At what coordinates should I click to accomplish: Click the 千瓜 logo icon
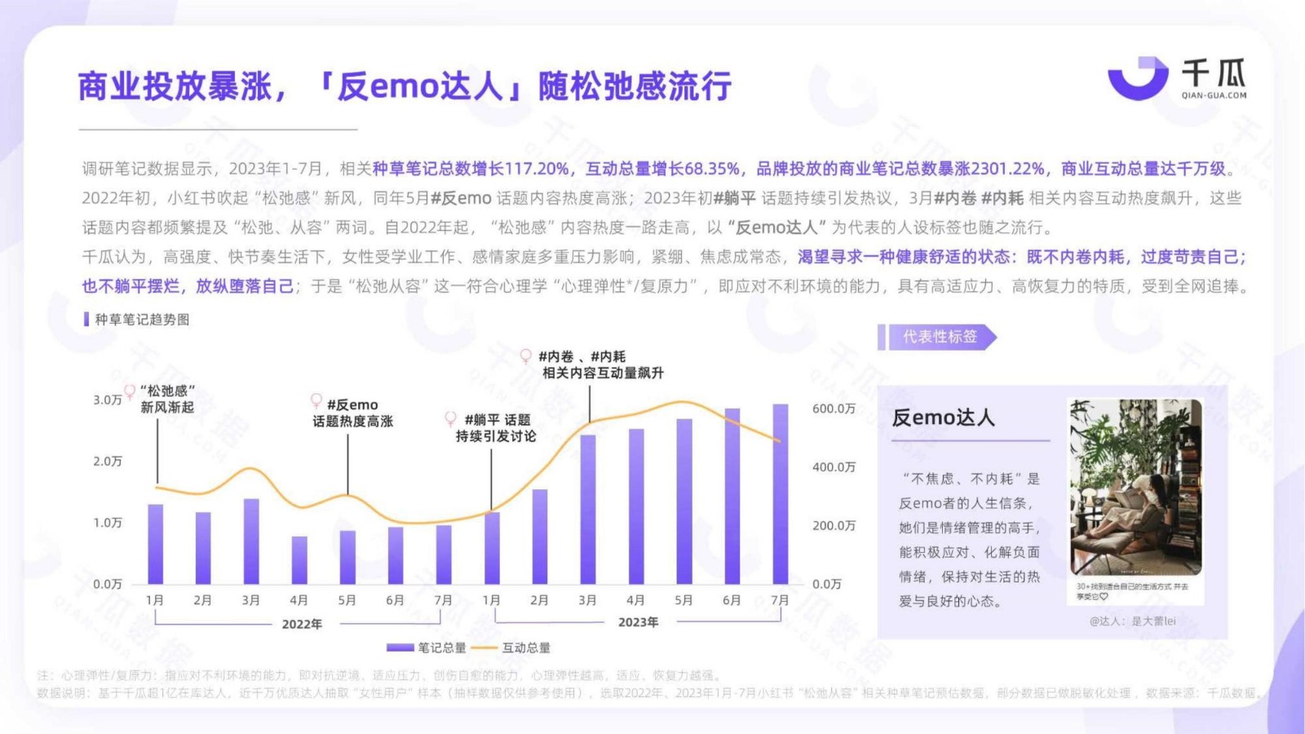(x=1137, y=78)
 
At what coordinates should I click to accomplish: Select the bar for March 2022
(x=251, y=541)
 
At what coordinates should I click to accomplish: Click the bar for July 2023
(x=781, y=493)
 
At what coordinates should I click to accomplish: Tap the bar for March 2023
(x=588, y=509)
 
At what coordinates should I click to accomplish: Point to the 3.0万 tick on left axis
(x=107, y=400)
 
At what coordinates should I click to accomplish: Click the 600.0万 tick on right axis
(x=834, y=409)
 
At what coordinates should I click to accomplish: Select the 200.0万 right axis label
(x=834, y=526)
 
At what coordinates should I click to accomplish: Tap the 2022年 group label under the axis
(x=302, y=624)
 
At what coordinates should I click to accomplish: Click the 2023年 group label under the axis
(x=638, y=622)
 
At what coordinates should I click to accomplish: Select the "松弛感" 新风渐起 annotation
(x=167, y=399)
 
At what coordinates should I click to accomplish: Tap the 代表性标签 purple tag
(x=939, y=337)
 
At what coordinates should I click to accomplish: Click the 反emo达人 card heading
(x=944, y=418)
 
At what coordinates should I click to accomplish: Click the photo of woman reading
(x=1135, y=487)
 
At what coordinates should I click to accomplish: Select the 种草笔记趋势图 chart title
(x=142, y=320)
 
